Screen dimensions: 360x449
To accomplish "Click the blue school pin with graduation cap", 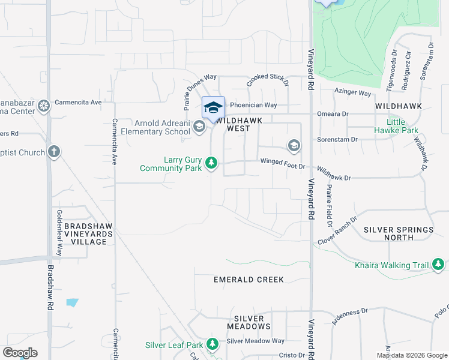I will click(x=213, y=108).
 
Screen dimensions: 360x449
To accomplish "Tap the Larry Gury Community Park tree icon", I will click(x=211, y=163).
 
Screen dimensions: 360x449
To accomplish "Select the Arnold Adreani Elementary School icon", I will click(x=199, y=127).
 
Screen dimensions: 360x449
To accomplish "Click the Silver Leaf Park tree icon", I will click(x=212, y=344).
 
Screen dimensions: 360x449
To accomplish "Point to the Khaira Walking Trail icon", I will click(x=439, y=265).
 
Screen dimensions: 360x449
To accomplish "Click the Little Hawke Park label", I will click(x=396, y=125).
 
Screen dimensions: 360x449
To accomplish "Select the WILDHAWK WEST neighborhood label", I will click(x=241, y=124).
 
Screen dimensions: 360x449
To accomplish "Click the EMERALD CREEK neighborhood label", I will click(x=249, y=280).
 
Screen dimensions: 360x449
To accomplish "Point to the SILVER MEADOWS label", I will click(x=249, y=322).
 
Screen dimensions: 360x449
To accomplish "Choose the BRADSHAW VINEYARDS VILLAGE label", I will click(x=85, y=233).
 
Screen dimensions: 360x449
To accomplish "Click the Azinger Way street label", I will click(x=353, y=93).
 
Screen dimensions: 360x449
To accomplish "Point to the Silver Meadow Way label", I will click(x=255, y=341).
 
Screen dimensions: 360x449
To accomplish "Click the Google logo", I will click(x=20, y=353).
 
